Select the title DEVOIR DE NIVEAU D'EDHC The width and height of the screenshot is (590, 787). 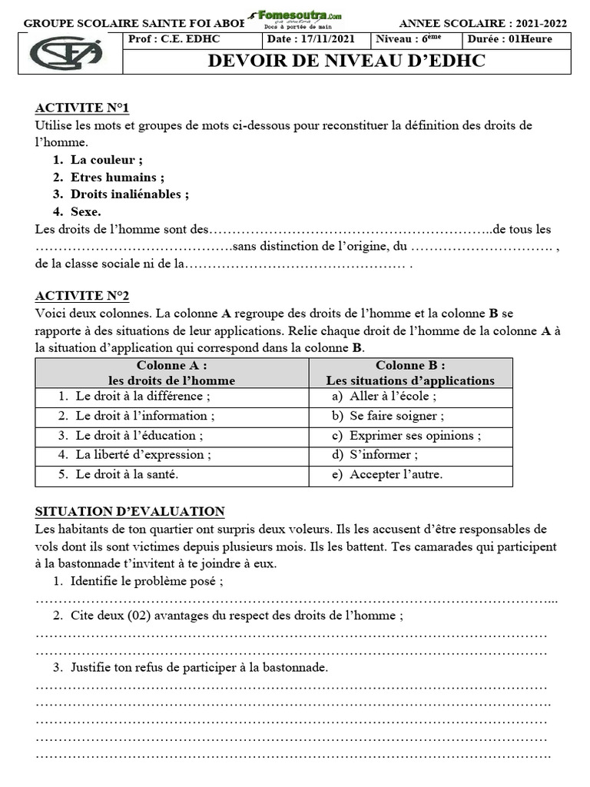pos(346,61)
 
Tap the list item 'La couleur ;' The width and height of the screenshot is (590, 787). pos(106,160)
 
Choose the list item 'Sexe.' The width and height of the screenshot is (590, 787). pos(86,211)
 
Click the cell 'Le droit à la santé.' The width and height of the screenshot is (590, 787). pos(127,474)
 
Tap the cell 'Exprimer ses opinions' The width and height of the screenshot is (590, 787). pos(415,435)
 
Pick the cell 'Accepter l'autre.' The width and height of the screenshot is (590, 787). pos(396,474)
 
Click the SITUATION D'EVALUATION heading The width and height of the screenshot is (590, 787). pos(130,511)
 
